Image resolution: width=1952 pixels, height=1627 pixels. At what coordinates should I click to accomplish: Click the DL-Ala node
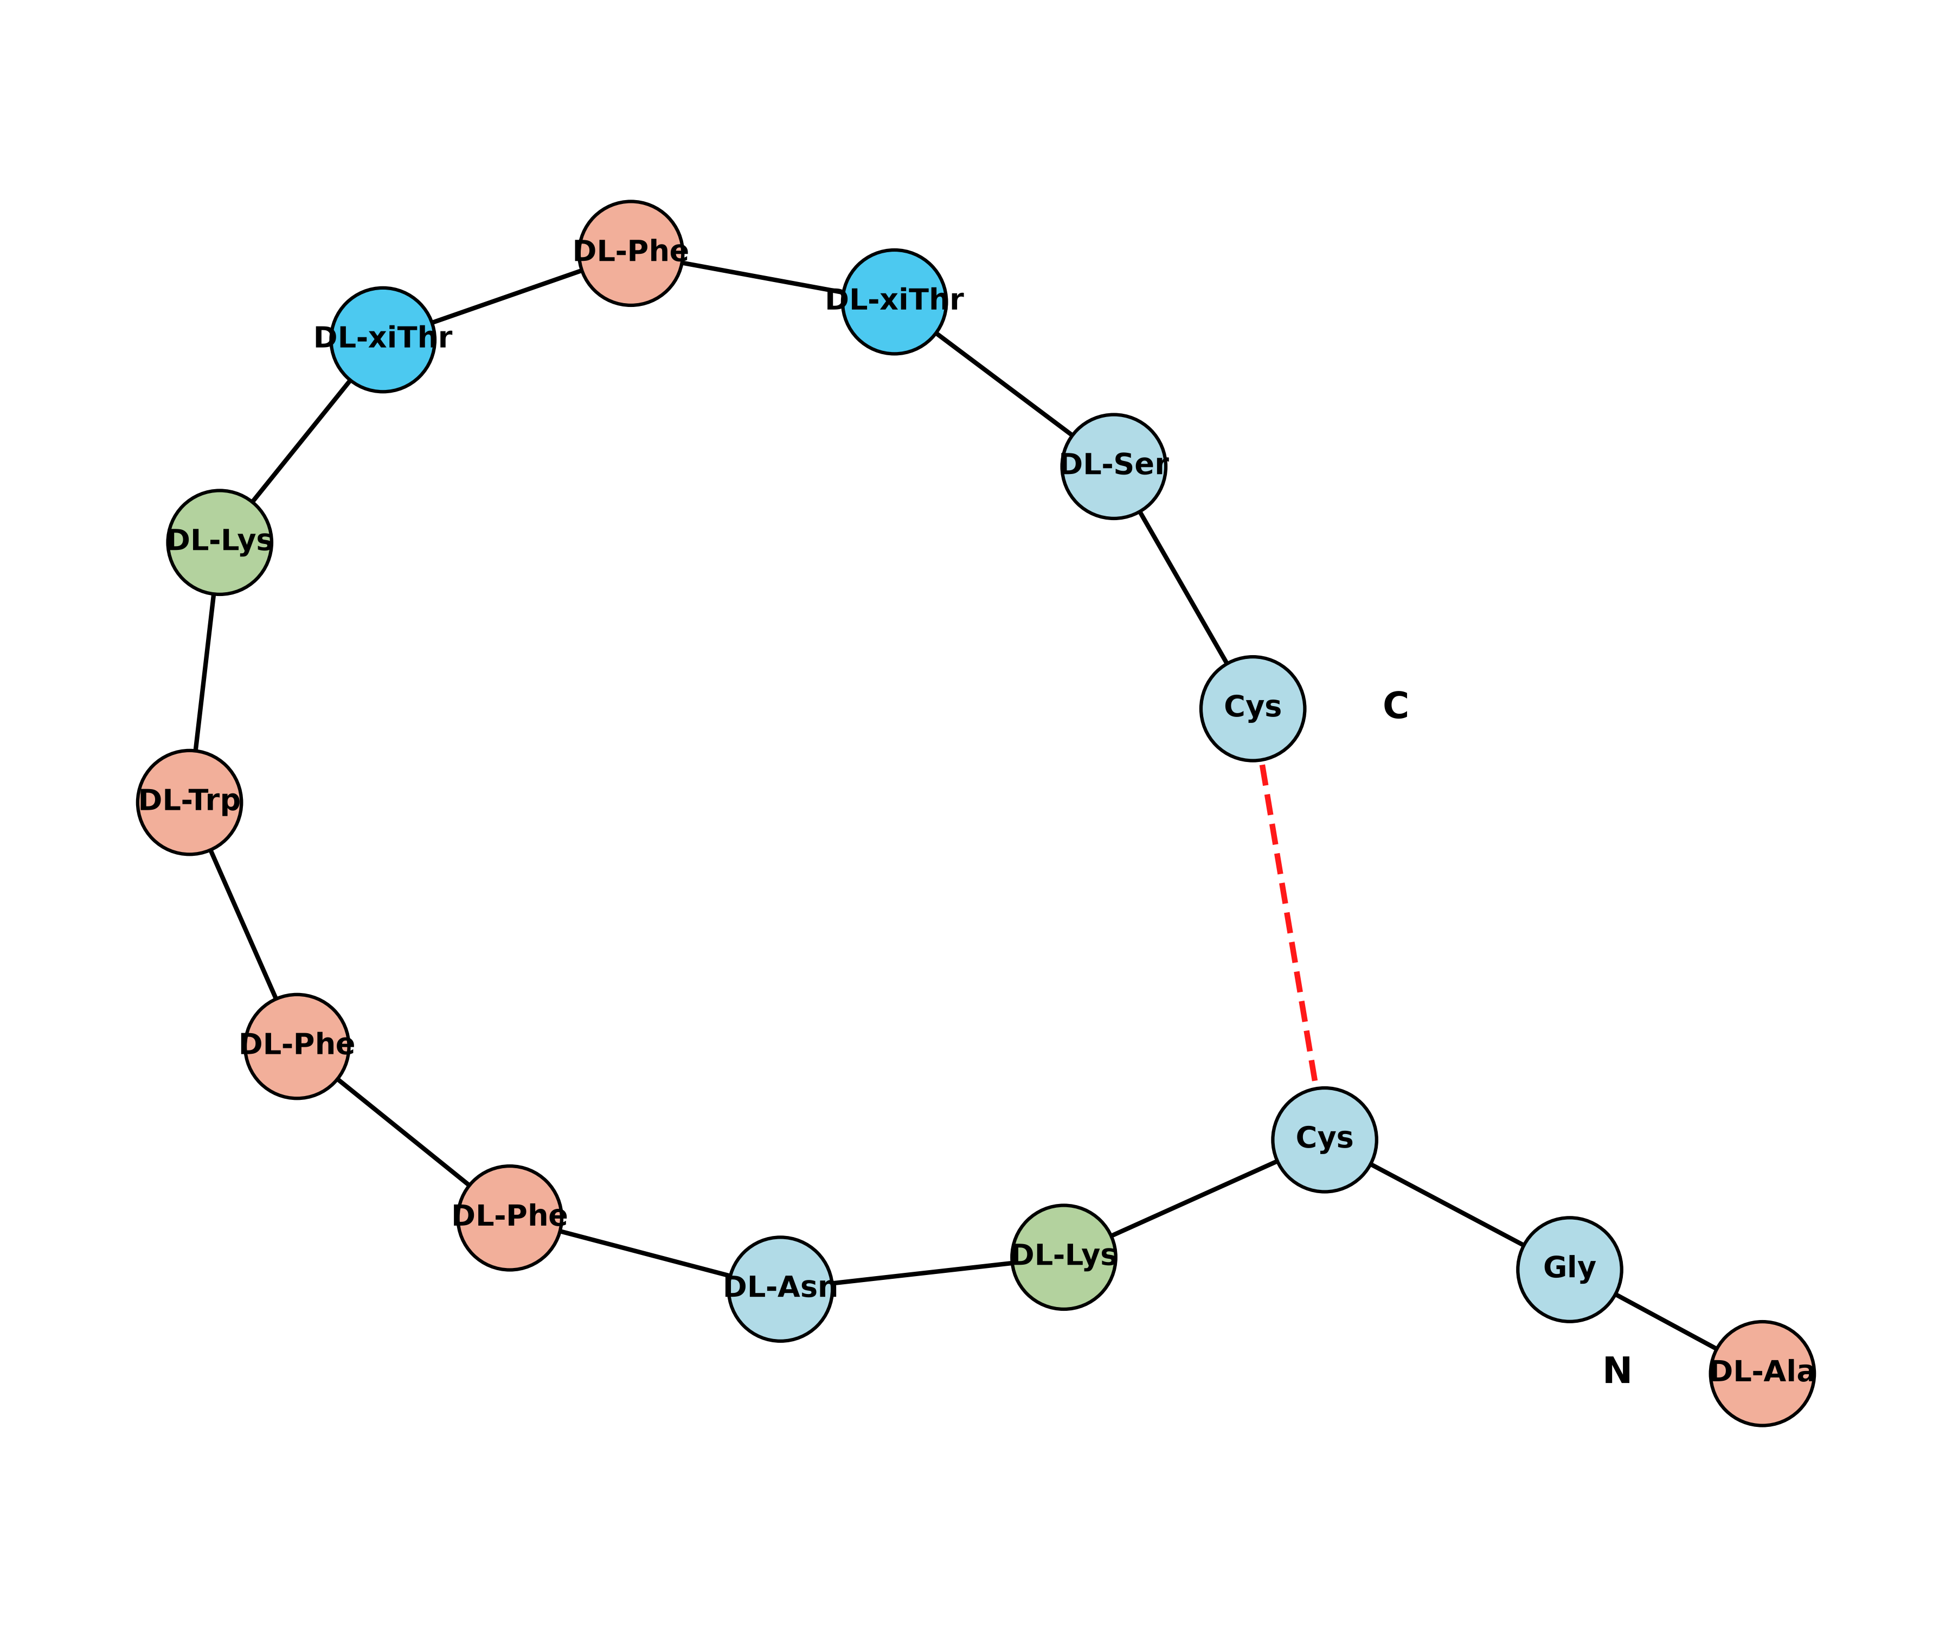[x=1762, y=1373]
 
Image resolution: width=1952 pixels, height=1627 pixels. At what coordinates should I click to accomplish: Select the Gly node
[x=1569, y=1269]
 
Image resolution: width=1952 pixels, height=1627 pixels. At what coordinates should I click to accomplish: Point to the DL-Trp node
[x=190, y=802]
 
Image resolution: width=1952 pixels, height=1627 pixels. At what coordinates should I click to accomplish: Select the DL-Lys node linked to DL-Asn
[x=1063, y=1257]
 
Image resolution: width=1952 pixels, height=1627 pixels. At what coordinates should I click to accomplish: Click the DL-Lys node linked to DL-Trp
[x=220, y=542]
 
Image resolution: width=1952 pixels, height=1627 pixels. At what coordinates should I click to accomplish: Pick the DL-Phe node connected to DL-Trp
[x=297, y=1046]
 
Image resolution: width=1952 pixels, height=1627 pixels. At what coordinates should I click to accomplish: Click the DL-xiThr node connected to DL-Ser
[x=894, y=301]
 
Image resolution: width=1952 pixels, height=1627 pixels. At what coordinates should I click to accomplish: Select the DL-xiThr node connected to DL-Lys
[x=383, y=340]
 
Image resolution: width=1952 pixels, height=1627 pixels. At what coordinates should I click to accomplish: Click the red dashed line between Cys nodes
[x=1288, y=923]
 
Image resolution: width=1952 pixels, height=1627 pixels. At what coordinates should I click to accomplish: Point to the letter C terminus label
[x=1395, y=707]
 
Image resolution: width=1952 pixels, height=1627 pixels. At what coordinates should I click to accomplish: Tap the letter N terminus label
[x=1617, y=1372]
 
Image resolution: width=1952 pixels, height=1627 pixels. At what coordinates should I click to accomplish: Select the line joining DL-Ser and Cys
[x=1183, y=587]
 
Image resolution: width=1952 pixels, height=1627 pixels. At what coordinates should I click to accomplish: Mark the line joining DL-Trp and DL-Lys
[x=204, y=671]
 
